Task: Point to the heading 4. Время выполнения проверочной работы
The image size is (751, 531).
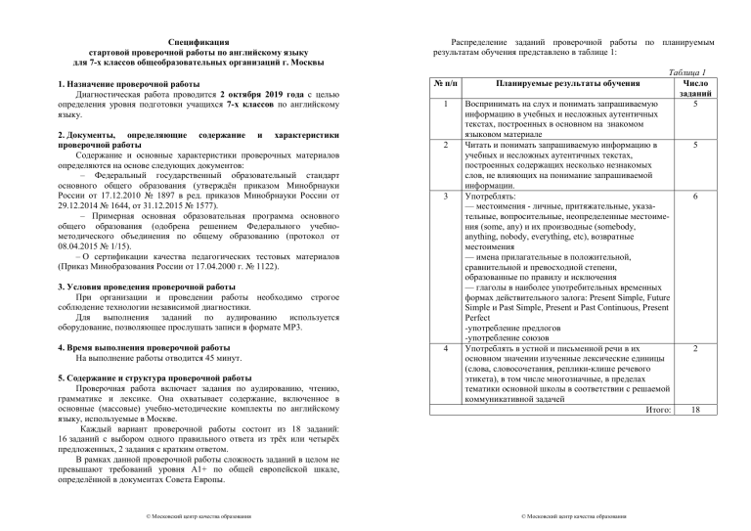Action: pos(138,348)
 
